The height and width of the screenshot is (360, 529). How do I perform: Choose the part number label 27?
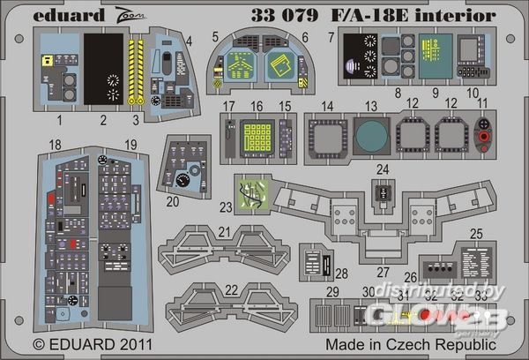click(384, 272)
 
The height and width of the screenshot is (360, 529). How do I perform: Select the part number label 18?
click(55, 144)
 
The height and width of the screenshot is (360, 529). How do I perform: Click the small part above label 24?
click(382, 191)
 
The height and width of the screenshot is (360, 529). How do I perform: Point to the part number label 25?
click(476, 233)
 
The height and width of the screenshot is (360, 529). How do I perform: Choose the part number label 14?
click(327, 106)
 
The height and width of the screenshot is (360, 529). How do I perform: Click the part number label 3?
click(135, 117)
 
